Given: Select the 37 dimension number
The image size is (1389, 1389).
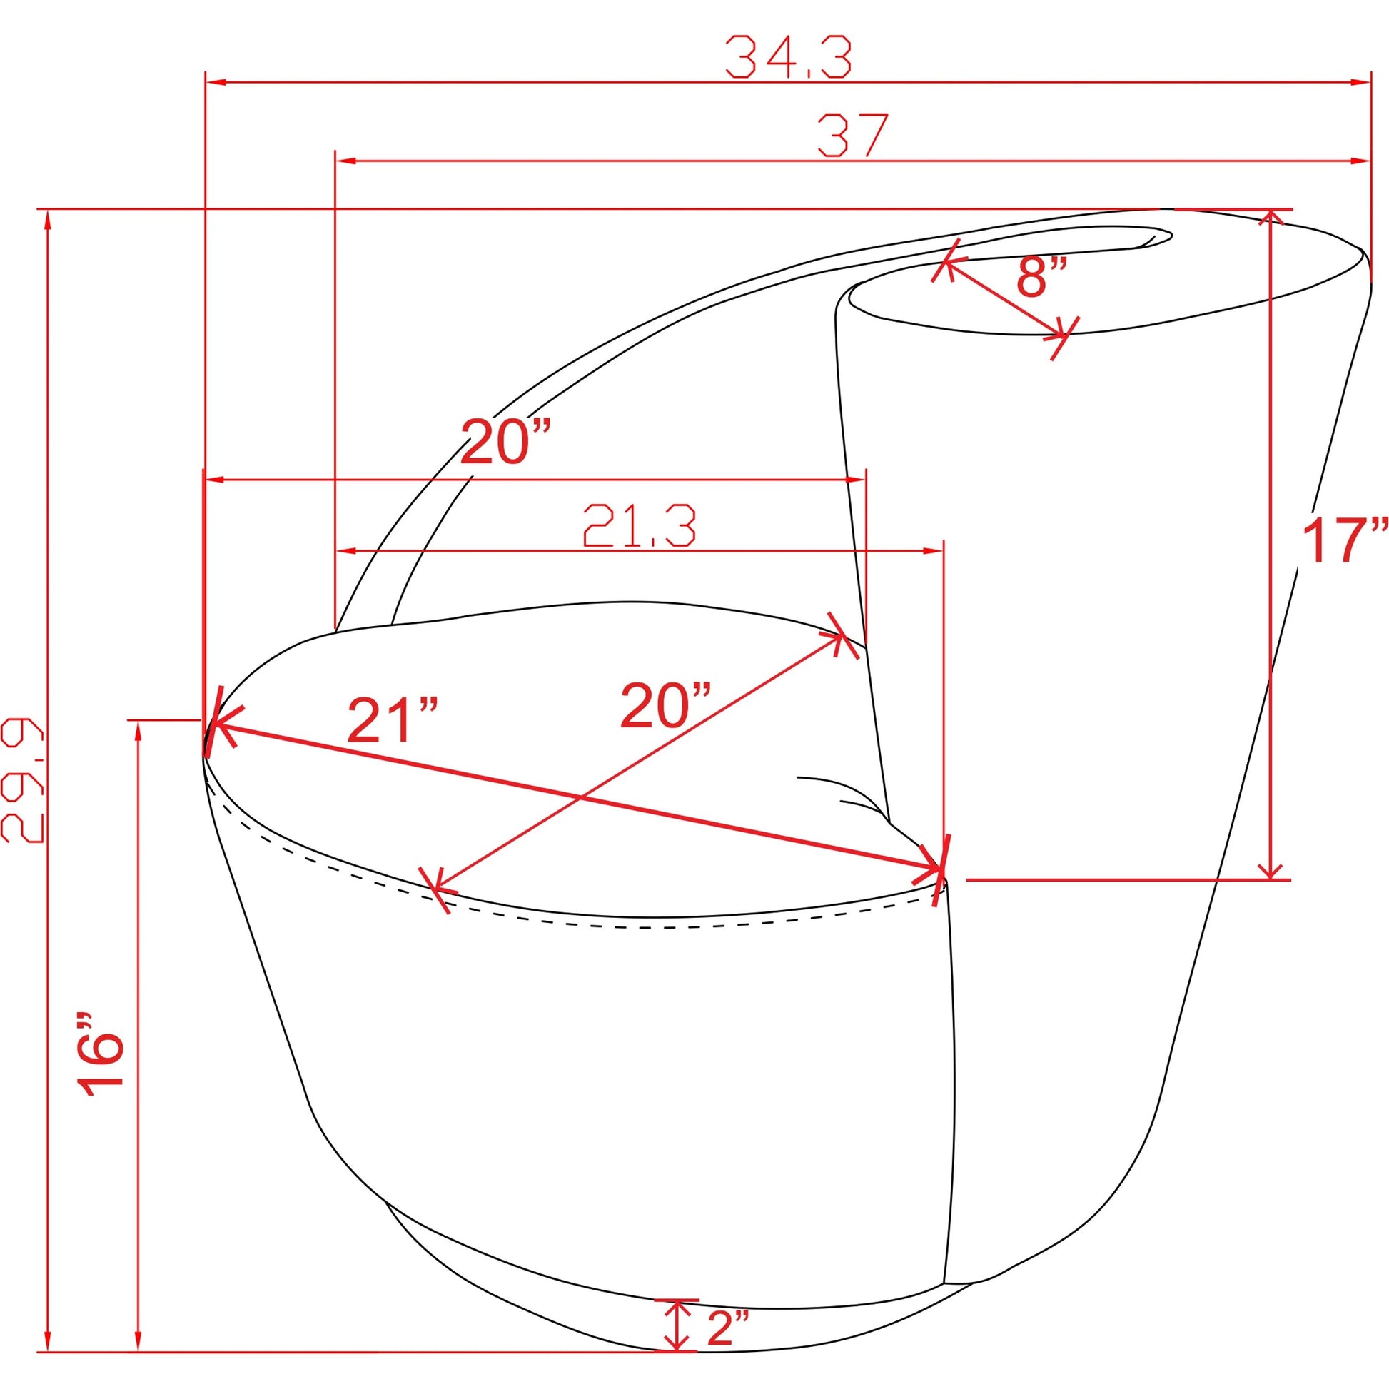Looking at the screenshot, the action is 854,134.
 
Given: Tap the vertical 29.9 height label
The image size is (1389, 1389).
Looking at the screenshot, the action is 22,779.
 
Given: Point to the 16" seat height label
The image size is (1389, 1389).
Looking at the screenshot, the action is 101,1056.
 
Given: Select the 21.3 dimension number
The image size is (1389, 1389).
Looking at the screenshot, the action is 639,525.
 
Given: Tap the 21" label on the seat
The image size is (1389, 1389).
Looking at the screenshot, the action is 393,719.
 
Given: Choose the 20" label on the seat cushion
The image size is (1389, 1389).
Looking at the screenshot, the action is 666,704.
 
